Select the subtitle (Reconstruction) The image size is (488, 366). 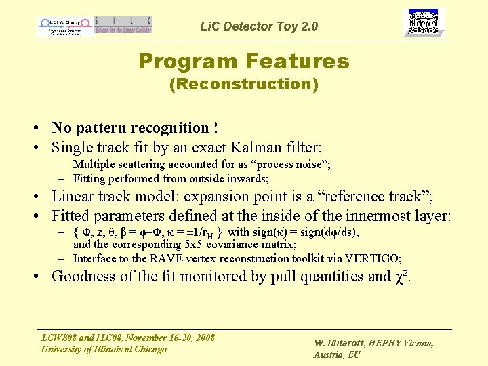click(243, 84)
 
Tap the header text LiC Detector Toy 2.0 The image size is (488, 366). click(259, 27)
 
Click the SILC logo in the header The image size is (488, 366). click(123, 25)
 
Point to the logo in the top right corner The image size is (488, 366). click(424, 23)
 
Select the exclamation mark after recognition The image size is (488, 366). click(215, 128)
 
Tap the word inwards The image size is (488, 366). click(248, 179)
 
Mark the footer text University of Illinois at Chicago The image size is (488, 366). click(104, 349)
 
